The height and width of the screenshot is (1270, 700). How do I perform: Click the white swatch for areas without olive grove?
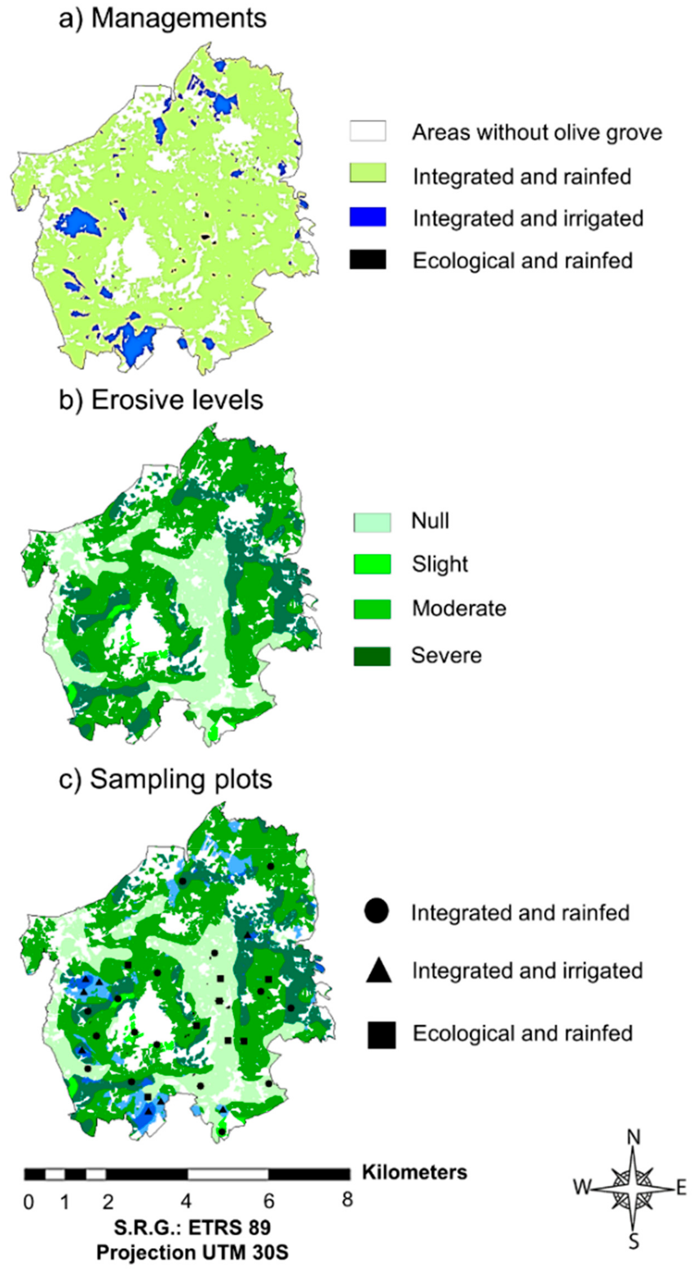pyautogui.click(x=368, y=132)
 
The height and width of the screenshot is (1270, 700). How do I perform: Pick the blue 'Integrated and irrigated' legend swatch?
pyautogui.click(x=368, y=217)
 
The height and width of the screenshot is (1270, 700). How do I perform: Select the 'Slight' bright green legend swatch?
pyautogui.click(x=372, y=564)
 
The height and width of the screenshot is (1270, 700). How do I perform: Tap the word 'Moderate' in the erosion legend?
pyautogui.click(x=459, y=608)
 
